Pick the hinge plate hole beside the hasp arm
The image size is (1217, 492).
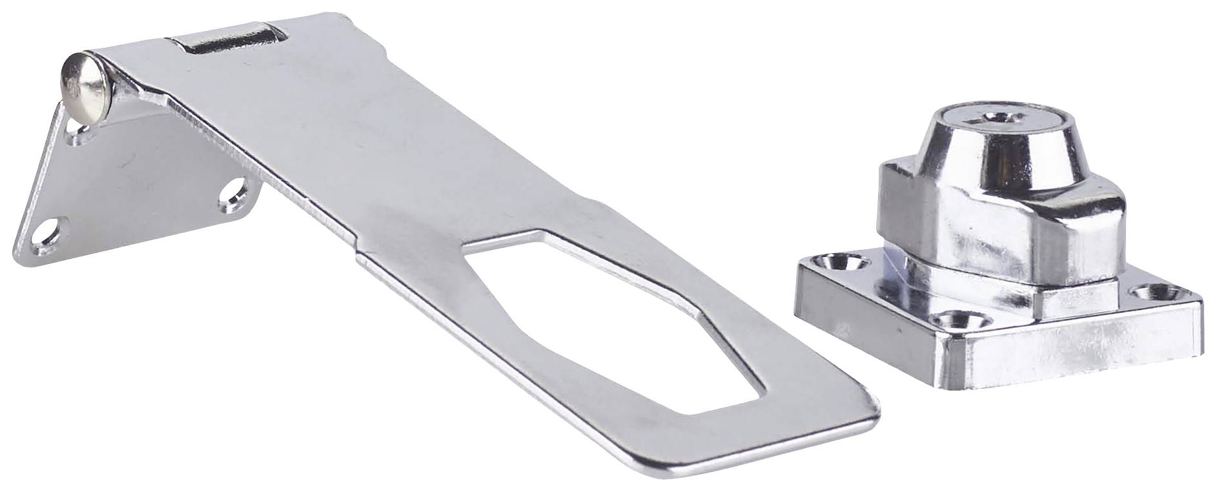click(x=234, y=192)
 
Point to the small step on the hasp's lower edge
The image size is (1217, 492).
click(x=358, y=255)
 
